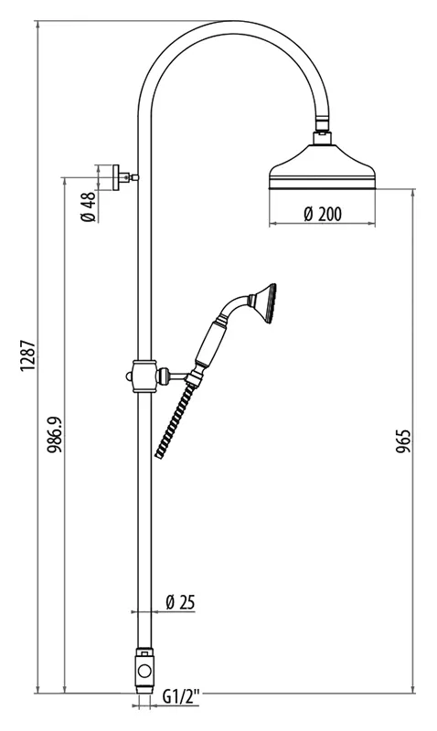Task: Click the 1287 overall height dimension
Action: pyautogui.click(x=27, y=356)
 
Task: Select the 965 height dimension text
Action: pyautogui.click(x=403, y=441)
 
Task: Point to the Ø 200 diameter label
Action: pyautogui.click(x=323, y=214)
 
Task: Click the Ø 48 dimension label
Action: pyautogui.click(x=88, y=207)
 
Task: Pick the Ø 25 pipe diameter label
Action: pyautogui.click(x=180, y=602)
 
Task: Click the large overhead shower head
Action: pyautogui.click(x=323, y=167)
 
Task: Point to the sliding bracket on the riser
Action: pyautogui.click(x=144, y=376)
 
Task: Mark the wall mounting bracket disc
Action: pyautogui.click(x=116, y=177)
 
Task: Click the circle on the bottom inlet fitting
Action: pyautogui.click(x=144, y=672)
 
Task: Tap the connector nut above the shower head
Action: pyautogui.click(x=323, y=138)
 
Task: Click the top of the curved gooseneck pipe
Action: pyautogui.click(x=235, y=26)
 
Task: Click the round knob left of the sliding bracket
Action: pyautogui.click(x=129, y=376)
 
